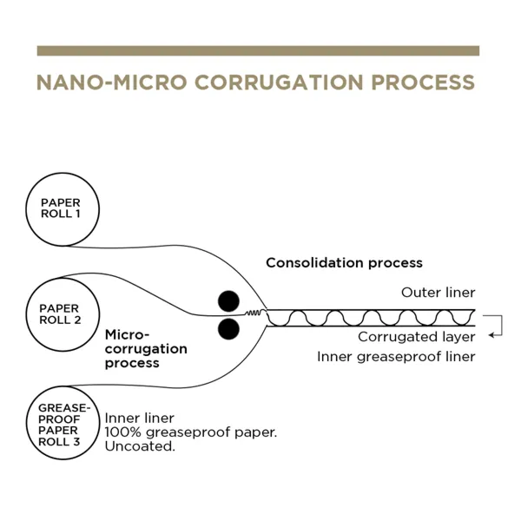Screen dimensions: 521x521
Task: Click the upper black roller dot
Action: pos(228,300)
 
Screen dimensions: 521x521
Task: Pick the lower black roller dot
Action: pos(228,327)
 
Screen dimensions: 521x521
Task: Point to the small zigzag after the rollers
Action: pos(254,313)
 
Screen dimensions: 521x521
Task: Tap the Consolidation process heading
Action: pos(344,262)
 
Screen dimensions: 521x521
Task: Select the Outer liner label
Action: pos(439,293)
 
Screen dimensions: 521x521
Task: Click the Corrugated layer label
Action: pos(416,337)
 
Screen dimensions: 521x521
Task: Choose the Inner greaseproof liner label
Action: pos(396,356)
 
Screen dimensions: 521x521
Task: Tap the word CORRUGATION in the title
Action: pos(280,82)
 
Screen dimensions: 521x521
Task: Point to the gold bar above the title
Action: pos(258,50)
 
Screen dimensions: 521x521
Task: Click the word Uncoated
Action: pos(140,446)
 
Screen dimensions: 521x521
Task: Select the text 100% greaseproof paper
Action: pos(191,432)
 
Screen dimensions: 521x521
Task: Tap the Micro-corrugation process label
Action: pos(145,348)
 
